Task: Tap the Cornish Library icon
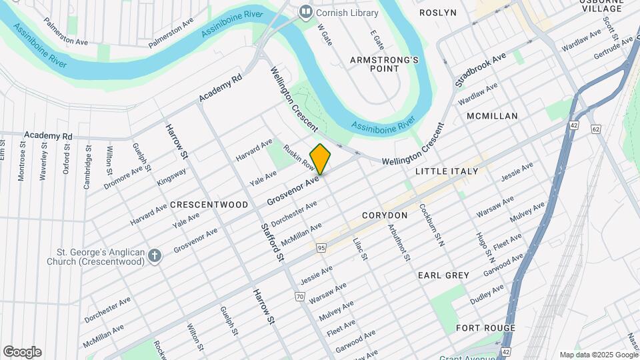point(306,11)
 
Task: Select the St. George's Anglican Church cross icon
point(155,255)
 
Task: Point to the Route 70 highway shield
point(299,296)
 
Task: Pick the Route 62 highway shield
point(595,128)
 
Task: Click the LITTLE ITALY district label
point(447,171)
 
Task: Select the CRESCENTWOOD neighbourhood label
point(209,205)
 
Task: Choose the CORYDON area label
point(385,215)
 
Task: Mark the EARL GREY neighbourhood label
point(443,275)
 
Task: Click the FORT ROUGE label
point(485,328)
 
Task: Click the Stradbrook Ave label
point(481,71)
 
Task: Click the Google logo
point(22,352)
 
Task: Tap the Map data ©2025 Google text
point(598,355)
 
